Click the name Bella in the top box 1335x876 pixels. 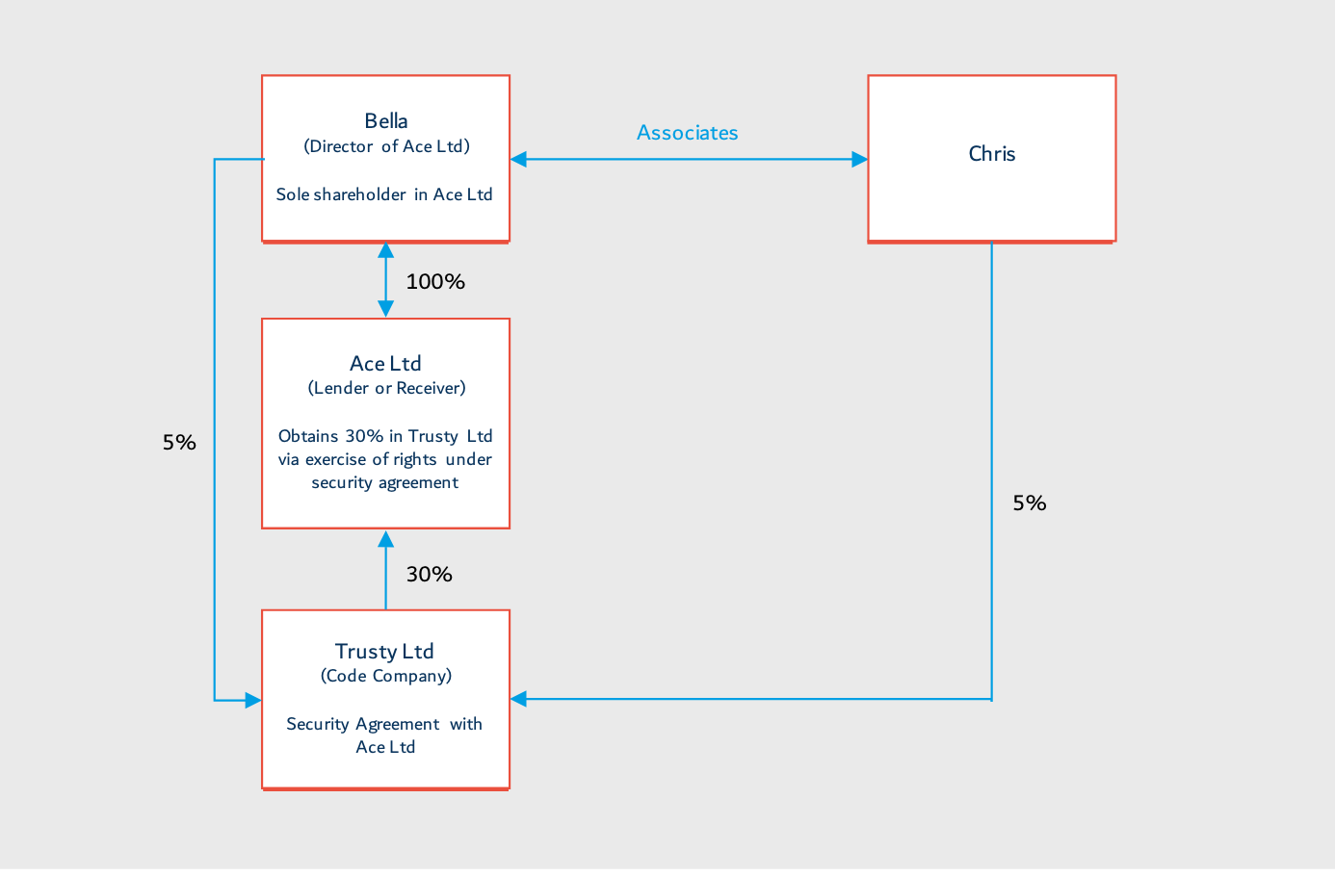coord(386,121)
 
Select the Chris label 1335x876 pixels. coord(992,154)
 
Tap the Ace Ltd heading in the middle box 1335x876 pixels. coord(385,363)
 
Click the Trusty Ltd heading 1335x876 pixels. coord(384,651)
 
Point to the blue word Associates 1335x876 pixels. coord(687,132)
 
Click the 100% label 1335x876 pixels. coord(435,282)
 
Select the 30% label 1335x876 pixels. coord(430,574)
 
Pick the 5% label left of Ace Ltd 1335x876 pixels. coord(179,442)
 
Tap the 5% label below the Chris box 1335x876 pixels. coord(1030,503)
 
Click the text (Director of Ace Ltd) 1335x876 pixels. coord(387,146)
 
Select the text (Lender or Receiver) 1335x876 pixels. coord(387,388)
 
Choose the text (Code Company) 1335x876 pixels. coord(386,676)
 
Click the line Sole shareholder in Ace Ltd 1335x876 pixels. coord(384,194)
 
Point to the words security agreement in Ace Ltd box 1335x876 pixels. coord(385,482)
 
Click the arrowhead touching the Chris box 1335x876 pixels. coord(860,160)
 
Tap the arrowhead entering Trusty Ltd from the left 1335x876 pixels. coord(253,701)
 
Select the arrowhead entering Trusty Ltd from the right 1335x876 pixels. coord(518,699)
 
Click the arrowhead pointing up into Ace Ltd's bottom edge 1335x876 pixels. coord(385,539)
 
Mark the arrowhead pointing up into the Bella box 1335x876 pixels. coord(385,250)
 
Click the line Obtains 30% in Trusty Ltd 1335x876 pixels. coord(385,436)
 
